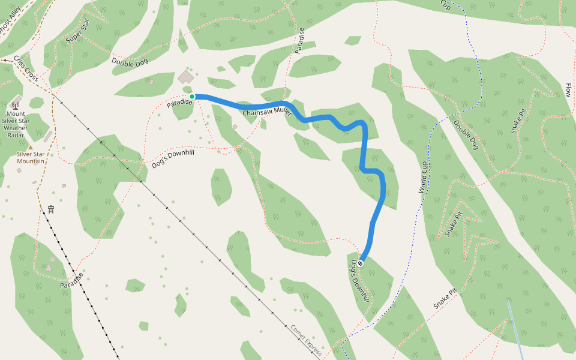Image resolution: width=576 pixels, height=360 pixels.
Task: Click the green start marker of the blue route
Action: tap(192, 96)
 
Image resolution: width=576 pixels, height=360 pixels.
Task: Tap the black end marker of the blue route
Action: tap(361, 263)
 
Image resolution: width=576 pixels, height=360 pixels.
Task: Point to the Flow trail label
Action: tap(568, 91)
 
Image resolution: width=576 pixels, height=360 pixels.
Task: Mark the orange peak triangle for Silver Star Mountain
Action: tap(30, 147)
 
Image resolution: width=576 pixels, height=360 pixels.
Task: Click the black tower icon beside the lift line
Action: tap(52, 209)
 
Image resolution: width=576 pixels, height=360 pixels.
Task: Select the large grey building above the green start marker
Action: tap(186, 77)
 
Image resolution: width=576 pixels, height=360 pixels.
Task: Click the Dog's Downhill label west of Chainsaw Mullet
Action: tap(174, 157)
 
